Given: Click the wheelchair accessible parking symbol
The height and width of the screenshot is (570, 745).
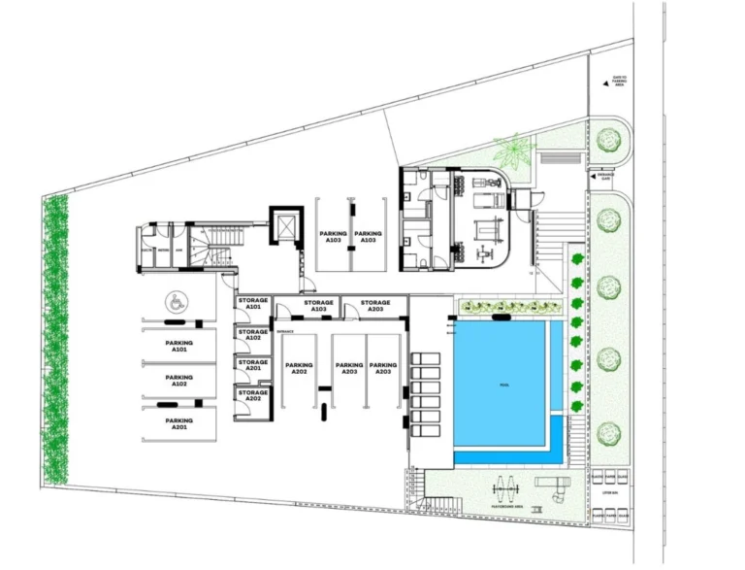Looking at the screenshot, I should pos(177,302).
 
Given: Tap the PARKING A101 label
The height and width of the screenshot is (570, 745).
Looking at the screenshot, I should pos(178,346).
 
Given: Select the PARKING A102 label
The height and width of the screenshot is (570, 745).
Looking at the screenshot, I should pos(178,381).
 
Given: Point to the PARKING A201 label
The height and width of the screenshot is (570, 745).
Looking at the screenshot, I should pos(178,424).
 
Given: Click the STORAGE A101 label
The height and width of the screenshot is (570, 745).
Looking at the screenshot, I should pos(253,305).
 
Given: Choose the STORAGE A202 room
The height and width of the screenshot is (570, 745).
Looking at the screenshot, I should pos(252,398).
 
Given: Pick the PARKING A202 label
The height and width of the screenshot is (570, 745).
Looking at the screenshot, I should pos(298,369).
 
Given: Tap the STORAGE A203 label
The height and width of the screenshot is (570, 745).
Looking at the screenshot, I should pos(375,306).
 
